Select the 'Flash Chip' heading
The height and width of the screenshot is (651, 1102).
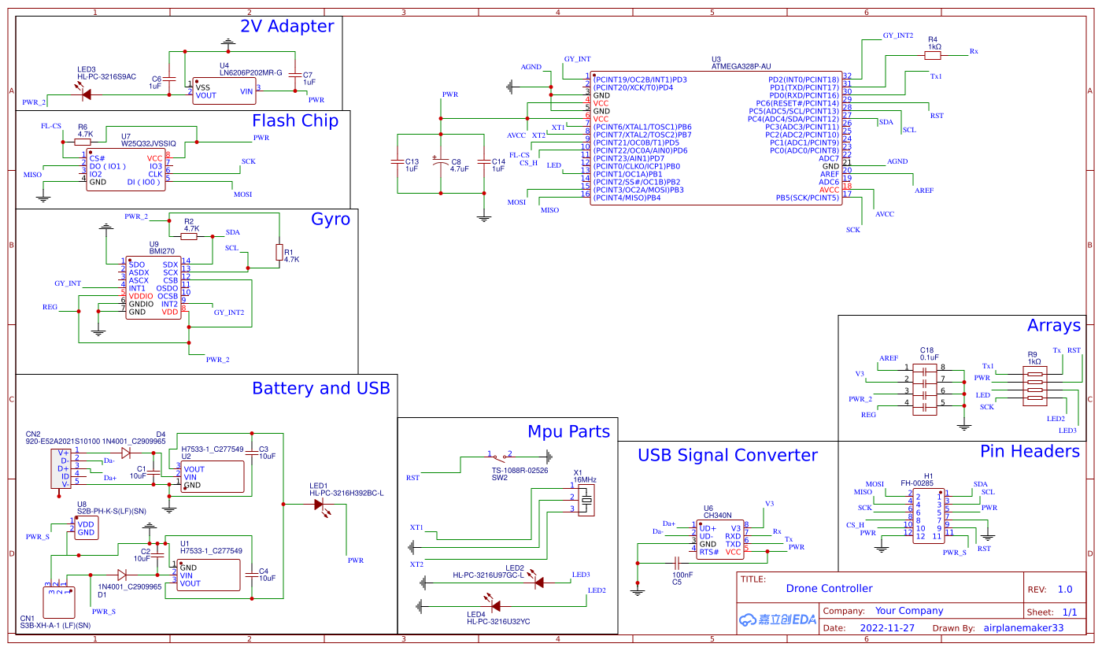click(294, 120)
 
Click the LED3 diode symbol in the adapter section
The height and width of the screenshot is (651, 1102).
click(85, 94)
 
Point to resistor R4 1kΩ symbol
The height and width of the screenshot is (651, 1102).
click(933, 54)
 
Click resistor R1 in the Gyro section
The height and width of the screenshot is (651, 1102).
click(279, 252)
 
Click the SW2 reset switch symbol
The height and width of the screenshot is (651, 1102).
click(499, 456)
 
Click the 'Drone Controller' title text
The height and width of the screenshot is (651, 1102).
click(829, 588)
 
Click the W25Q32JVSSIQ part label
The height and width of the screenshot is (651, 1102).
click(148, 144)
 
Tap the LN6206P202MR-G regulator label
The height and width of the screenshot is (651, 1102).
click(250, 73)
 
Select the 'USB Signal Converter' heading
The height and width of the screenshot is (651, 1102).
click(727, 455)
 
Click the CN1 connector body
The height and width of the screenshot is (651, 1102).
click(59, 602)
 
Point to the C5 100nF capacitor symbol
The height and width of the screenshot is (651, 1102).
click(676, 563)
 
